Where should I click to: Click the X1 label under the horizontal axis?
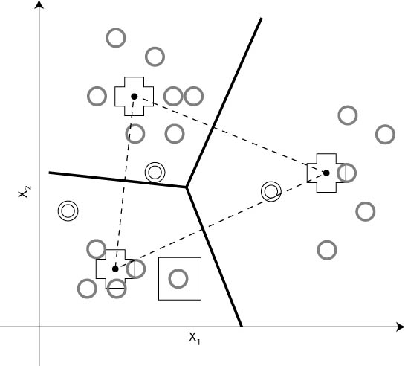click(195, 338)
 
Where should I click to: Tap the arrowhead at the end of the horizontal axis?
click(400, 327)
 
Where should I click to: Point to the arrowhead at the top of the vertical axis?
click(39, 4)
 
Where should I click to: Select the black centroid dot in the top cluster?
click(134, 97)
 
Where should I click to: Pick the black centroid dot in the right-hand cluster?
click(326, 173)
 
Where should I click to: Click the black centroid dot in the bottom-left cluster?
click(115, 269)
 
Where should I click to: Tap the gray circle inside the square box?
click(178, 279)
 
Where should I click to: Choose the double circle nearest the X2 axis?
click(68, 211)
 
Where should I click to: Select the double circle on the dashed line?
click(271, 192)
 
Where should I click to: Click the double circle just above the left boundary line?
click(155, 172)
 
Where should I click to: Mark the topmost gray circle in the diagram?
click(116, 38)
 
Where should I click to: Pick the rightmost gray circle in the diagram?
click(385, 135)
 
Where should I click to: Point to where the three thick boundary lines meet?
click(187, 187)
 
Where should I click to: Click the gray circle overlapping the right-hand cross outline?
click(346, 173)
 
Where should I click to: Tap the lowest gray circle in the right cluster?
click(327, 250)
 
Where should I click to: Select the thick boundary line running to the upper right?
click(224, 103)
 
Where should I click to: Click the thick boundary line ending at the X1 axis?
click(214, 257)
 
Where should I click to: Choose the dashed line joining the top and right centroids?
click(230, 135)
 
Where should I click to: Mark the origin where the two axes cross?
click(39, 327)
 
